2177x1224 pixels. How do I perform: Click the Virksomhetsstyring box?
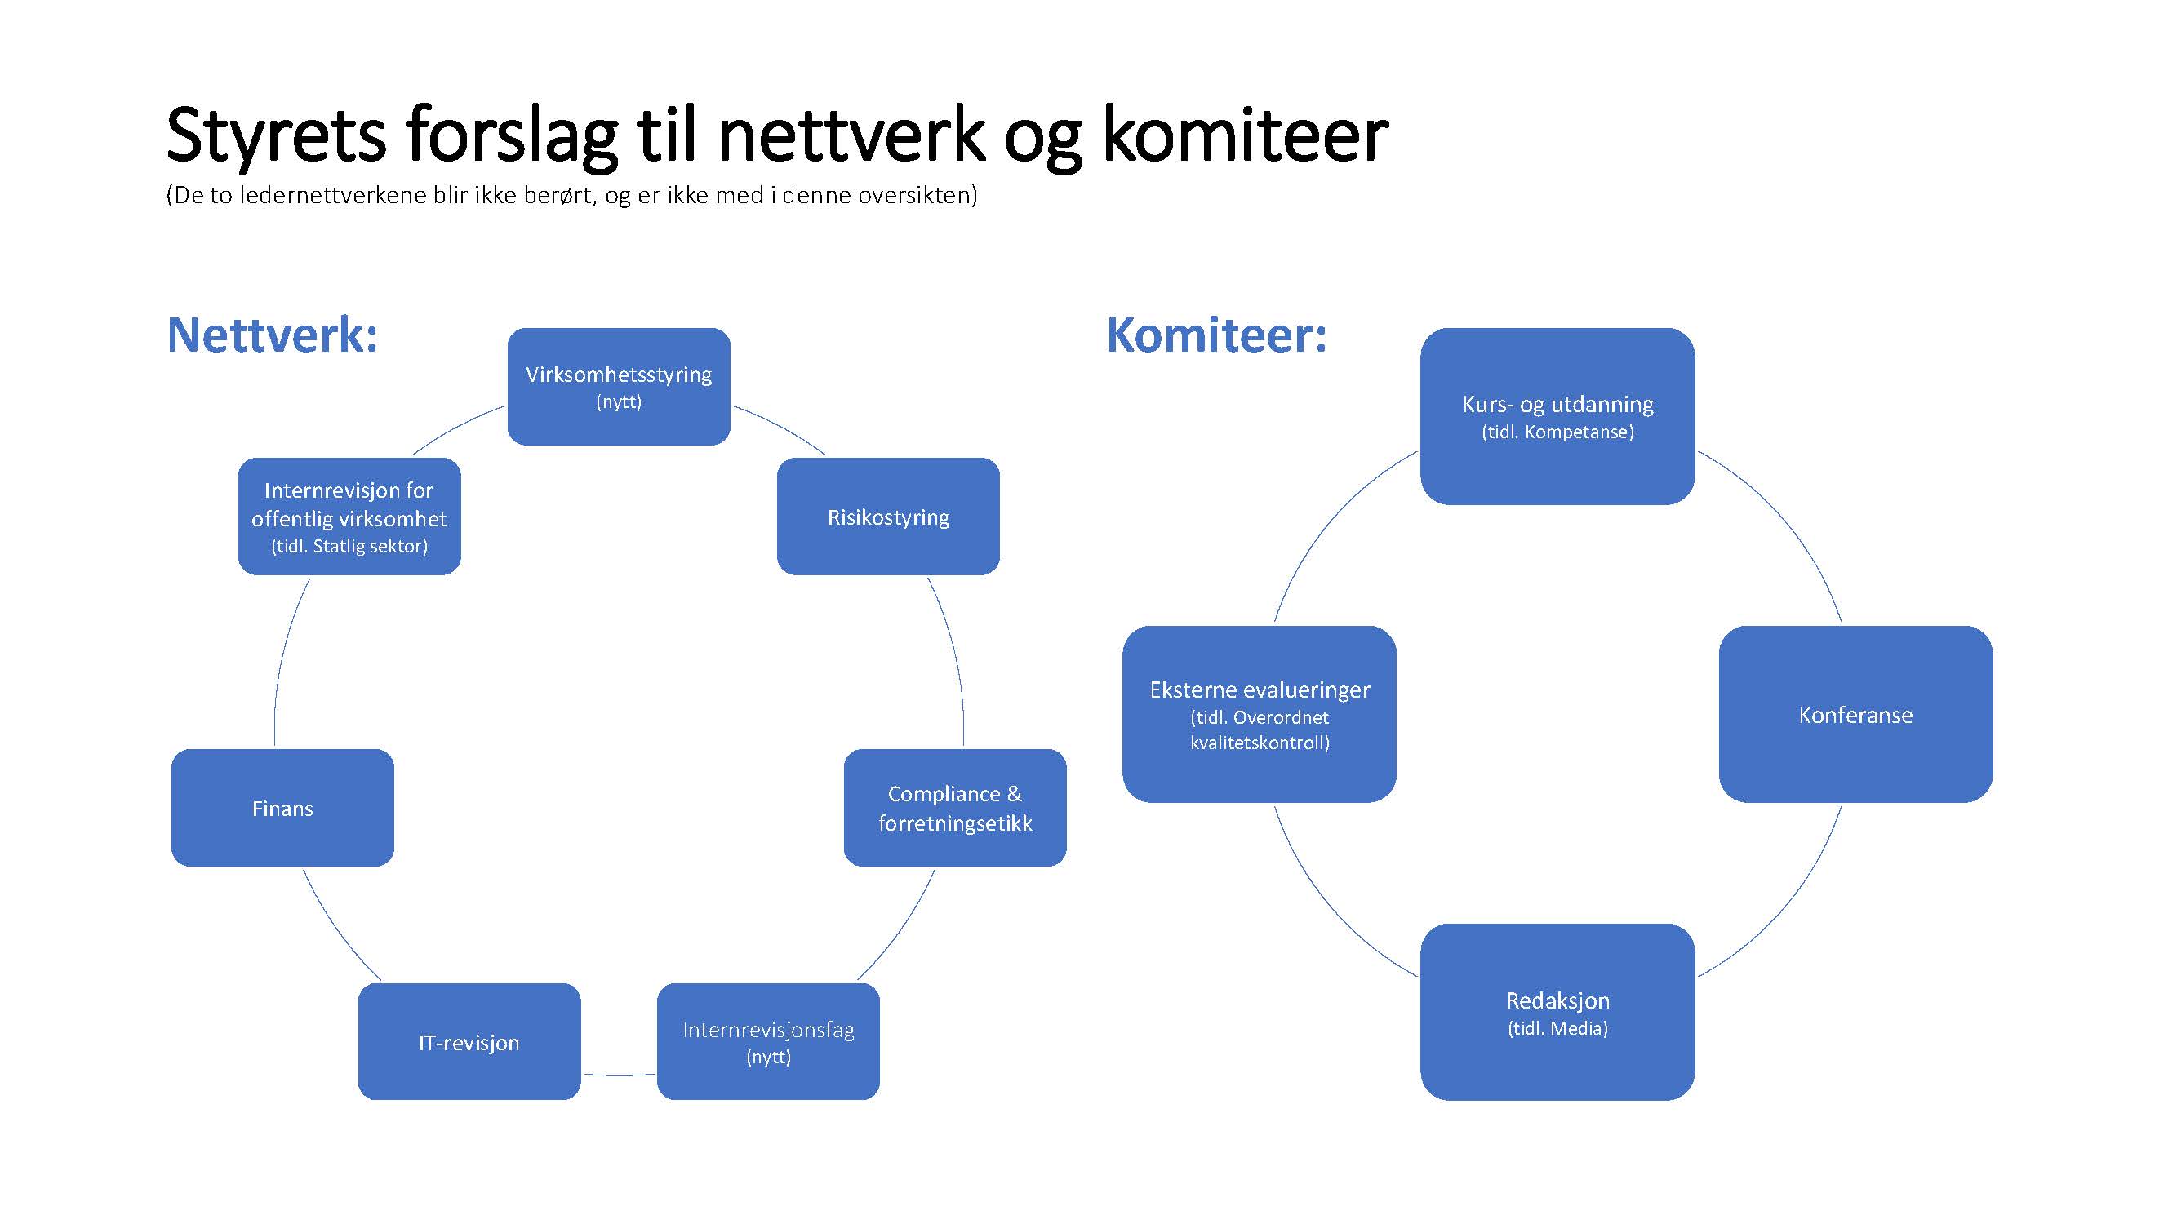619,386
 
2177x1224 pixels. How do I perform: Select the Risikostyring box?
888,517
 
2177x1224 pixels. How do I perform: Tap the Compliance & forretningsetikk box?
955,808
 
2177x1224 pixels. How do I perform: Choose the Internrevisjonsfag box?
768,1041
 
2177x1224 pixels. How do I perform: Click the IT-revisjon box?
469,1041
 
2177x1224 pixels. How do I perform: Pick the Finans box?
282,808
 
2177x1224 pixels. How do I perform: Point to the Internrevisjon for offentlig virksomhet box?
349,517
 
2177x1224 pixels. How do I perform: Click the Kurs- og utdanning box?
1557,416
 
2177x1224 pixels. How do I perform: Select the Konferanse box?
1856,715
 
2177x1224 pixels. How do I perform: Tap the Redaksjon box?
1557,1012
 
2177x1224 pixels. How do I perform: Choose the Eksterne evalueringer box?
1260,715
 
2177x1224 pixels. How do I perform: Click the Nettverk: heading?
272,335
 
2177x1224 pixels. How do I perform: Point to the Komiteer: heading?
1217,335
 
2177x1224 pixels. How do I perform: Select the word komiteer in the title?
1245,135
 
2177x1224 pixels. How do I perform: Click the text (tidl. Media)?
1557,1028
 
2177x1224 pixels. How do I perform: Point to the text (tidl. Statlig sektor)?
349,547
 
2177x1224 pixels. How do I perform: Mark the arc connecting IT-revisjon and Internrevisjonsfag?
620,1075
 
